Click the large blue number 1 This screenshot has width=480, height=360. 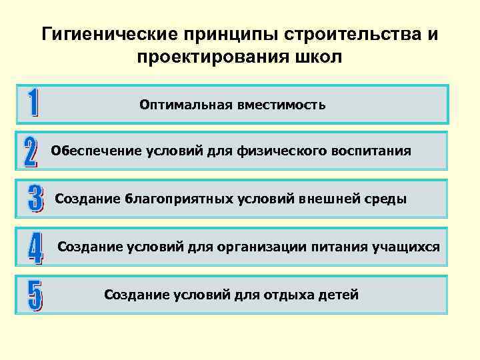click(32, 104)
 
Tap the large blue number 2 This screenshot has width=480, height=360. click(31, 152)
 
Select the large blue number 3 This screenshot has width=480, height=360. click(34, 199)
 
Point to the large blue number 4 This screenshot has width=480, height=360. click(35, 247)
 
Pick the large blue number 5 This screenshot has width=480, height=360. click(34, 295)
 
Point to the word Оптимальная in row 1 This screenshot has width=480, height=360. click(183, 105)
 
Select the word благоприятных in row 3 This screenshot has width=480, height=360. click(176, 199)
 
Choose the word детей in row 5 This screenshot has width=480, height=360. click(341, 294)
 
